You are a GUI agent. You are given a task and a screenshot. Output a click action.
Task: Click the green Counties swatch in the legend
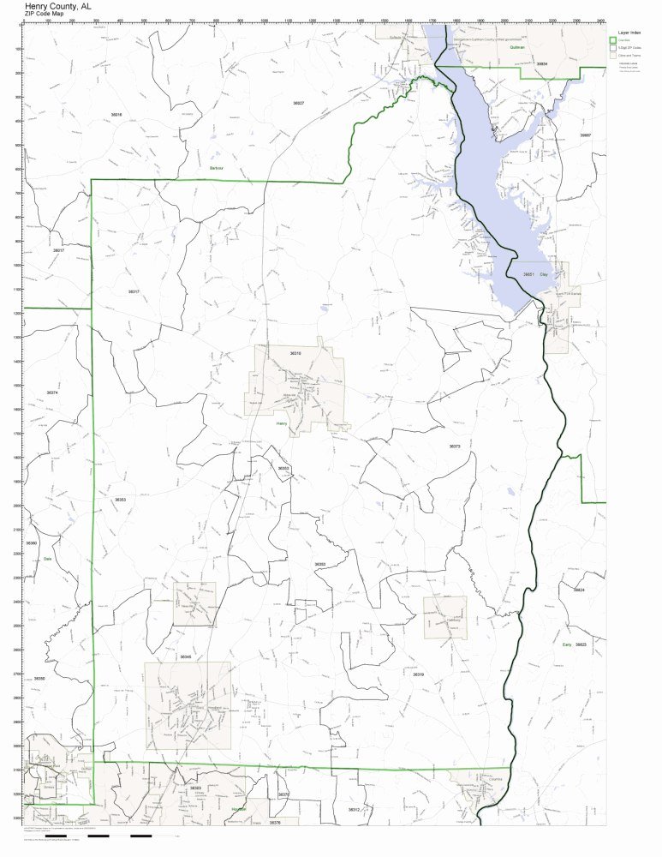tap(613, 40)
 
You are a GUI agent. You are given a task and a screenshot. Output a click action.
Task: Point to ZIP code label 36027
tap(298, 103)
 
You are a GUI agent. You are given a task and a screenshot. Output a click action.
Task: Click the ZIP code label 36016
tap(116, 114)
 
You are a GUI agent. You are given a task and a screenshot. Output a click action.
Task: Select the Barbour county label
tap(216, 169)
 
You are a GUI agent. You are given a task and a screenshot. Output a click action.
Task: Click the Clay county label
tap(543, 274)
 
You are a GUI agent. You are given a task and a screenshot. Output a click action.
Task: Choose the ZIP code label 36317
tap(134, 291)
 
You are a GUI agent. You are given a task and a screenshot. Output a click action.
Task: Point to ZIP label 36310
tap(295, 353)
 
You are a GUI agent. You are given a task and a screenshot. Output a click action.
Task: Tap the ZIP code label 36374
tap(52, 393)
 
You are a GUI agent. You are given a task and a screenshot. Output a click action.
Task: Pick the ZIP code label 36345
tap(186, 656)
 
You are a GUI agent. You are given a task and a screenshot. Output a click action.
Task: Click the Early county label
tap(566, 644)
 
